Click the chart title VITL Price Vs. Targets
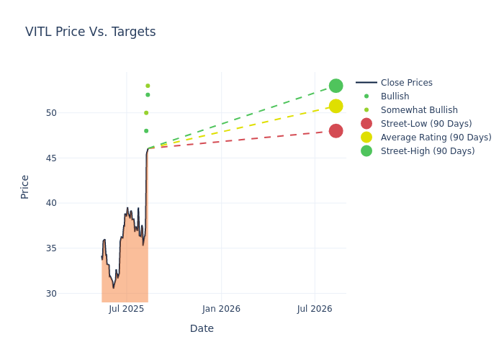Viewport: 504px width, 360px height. pyautogui.click(x=90, y=32)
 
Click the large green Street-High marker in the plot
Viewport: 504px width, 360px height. pyautogui.click(x=336, y=86)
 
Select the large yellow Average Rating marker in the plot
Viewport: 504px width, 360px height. pyautogui.click(x=336, y=106)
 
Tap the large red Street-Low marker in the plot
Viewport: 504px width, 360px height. pyautogui.click(x=336, y=131)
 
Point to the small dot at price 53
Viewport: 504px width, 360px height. pyautogui.click(x=148, y=86)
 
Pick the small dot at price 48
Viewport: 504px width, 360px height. pyautogui.click(x=146, y=131)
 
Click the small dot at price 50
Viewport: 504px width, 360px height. pyautogui.click(x=146, y=113)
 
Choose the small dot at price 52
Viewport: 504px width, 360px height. pyautogui.click(x=148, y=95)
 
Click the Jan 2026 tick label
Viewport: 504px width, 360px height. pyautogui.click(x=221, y=309)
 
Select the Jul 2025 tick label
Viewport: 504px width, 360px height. pyautogui.click(x=127, y=309)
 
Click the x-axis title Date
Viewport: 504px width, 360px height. pyautogui.click(x=202, y=329)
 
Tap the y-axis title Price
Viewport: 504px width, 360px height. pyautogui.click(x=25, y=186)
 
